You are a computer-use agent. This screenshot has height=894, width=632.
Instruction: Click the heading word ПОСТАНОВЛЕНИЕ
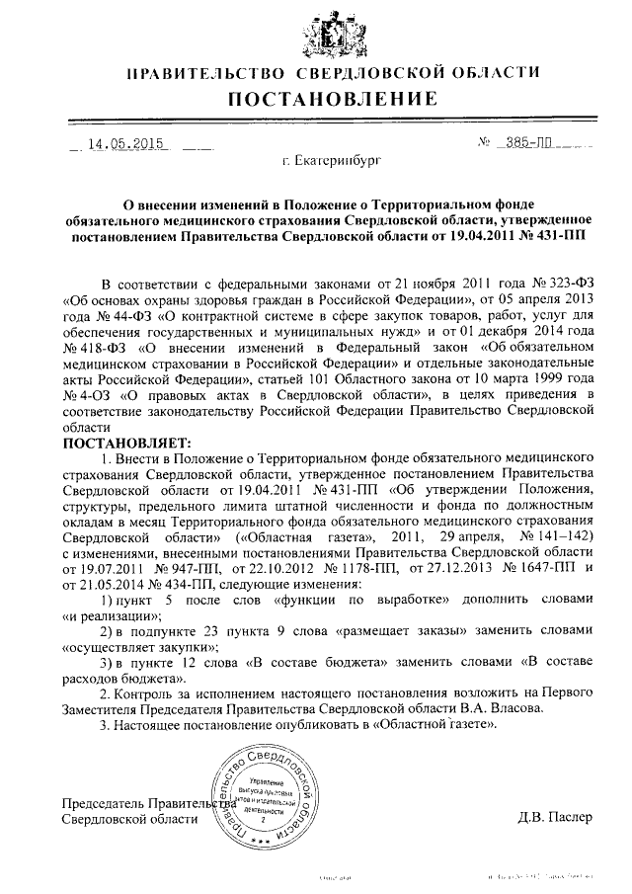334,99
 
